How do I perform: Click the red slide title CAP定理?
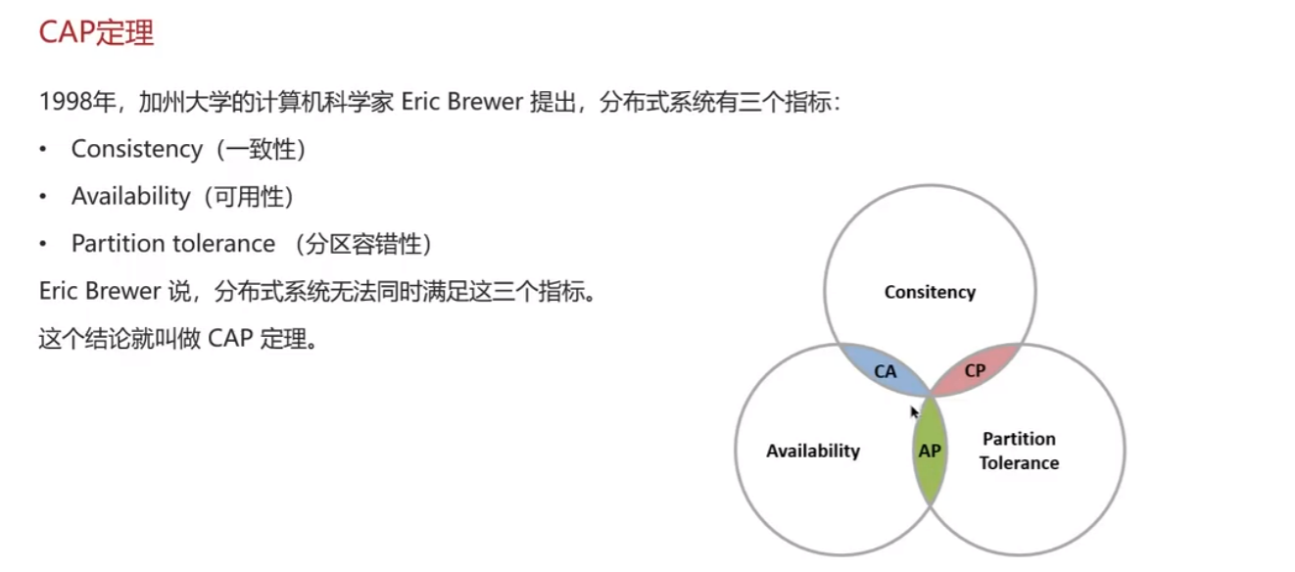(96, 32)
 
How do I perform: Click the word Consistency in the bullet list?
(137, 150)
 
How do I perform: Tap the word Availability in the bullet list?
(130, 197)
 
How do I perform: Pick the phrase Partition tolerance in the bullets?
(173, 244)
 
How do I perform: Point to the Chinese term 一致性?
(261, 150)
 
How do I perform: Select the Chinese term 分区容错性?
(363, 244)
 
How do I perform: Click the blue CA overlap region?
(885, 371)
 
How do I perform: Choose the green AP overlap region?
(930, 451)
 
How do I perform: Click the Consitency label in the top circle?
(930, 292)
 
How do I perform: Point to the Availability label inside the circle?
(813, 452)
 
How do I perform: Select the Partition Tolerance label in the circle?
(1019, 452)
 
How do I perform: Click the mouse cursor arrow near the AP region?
(914, 412)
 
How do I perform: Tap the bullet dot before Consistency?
(43, 150)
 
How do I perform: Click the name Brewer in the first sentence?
(485, 102)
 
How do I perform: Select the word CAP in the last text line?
(230, 339)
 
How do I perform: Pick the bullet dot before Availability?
(43, 197)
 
